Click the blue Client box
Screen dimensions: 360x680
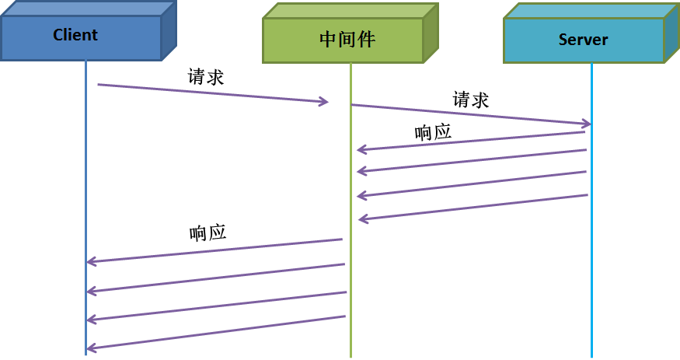click(x=81, y=37)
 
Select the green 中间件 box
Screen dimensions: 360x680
click(x=343, y=40)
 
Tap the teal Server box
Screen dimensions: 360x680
click(x=583, y=40)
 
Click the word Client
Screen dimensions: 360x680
click(x=75, y=35)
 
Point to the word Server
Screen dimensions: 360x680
click(x=583, y=40)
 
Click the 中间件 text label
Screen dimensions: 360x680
click(x=347, y=40)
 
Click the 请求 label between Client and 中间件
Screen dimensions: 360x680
click(x=206, y=77)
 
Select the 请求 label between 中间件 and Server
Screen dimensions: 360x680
click(x=471, y=100)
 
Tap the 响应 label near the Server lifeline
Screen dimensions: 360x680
click(x=433, y=131)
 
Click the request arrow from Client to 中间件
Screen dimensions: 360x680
click(x=210, y=93)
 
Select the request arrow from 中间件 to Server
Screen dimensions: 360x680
click(x=466, y=114)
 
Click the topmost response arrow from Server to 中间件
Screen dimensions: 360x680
click(x=470, y=141)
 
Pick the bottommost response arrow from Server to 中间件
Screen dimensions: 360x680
click(x=473, y=208)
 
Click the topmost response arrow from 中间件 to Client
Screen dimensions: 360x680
click(x=214, y=250)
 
